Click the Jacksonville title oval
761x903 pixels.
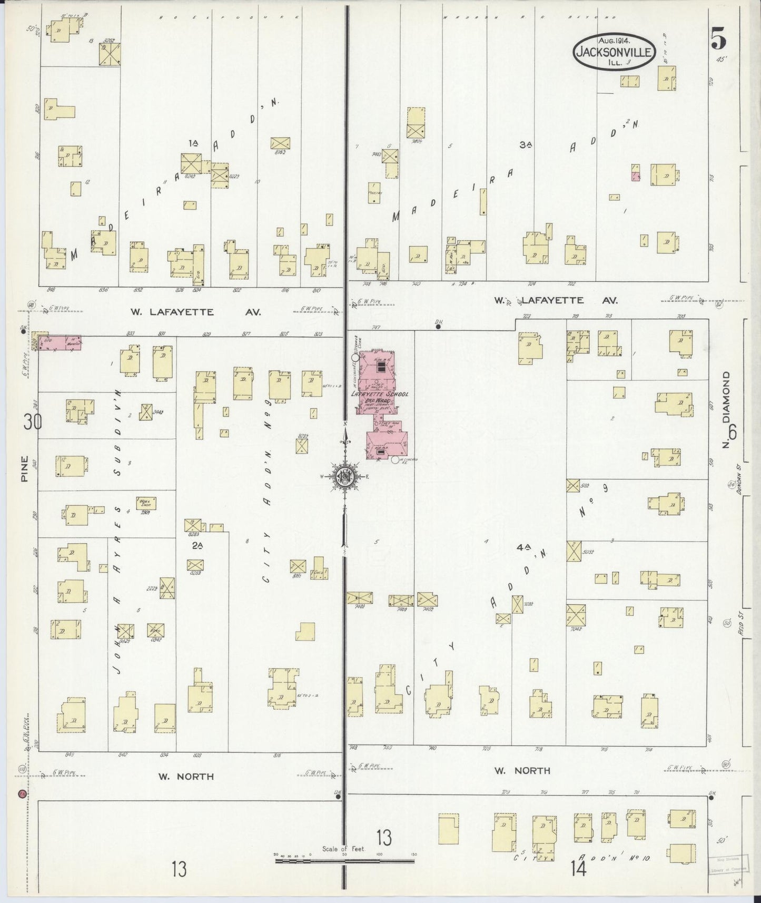(614, 52)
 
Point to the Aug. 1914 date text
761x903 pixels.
(615, 40)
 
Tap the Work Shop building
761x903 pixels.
(144, 502)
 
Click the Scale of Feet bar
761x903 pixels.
(344, 861)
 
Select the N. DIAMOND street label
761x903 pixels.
(728, 410)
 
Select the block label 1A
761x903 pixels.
(194, 142)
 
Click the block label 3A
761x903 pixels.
(524, 145)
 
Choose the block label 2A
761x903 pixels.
(197, 546)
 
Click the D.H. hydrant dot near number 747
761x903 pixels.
(438, 327)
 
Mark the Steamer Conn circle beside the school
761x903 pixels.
(355, 357)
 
